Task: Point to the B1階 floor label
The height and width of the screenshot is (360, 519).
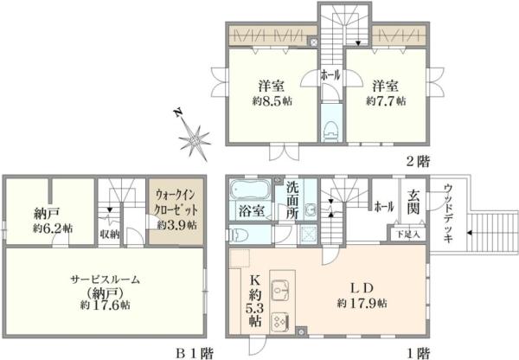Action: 194,352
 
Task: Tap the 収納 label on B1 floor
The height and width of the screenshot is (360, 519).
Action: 109,232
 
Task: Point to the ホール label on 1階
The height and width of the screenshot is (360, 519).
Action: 383,207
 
